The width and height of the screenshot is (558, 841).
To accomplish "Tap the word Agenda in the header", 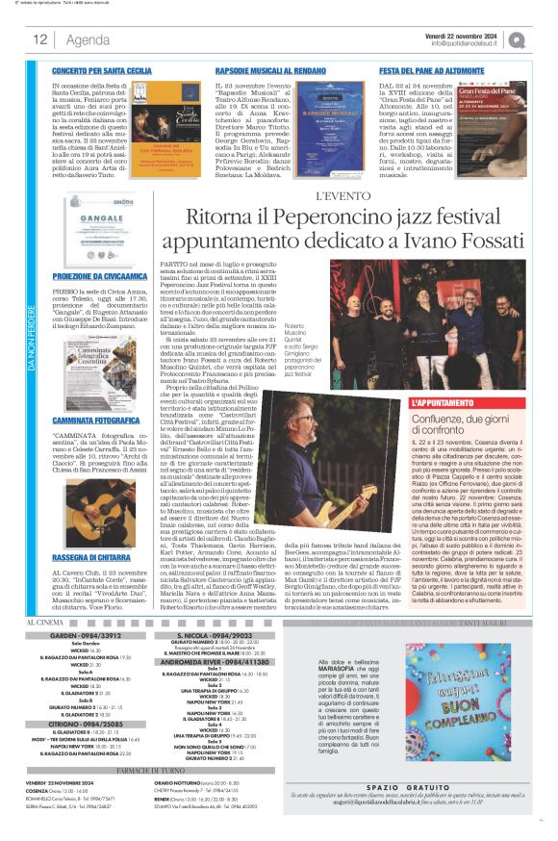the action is [x=88, y=39].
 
